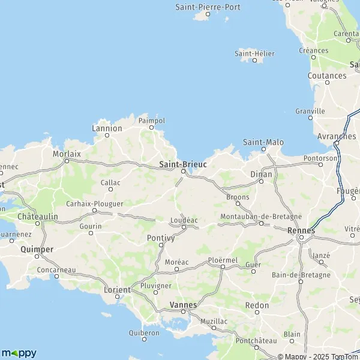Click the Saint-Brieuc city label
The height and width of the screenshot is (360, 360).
(x=183, y=164)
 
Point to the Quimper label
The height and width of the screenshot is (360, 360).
(x=37, y=249)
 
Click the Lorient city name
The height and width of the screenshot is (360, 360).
(x=117, y=290)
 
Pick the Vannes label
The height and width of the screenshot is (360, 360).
(x=184, y=305)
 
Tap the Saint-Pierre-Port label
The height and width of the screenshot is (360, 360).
(x=208, y=7)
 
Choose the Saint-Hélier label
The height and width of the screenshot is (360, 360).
(x=254, y=53)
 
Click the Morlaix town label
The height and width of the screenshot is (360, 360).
(x=67, y=154)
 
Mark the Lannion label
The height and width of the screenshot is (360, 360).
(x=107, y=128)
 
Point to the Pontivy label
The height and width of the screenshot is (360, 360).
(x=160, y=238)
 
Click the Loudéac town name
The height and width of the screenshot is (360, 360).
(x=184, y=220)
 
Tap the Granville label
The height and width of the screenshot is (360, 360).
(x=310, y=111)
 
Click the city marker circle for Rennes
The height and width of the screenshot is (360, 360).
(x=301, y=238)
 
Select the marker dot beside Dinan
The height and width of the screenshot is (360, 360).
(x=260, y=182)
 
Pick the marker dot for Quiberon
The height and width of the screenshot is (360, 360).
(x=144, y=340)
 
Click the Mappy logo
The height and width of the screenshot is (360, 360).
(x=19, y=353)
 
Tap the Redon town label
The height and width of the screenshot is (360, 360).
(x=257, y=305)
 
